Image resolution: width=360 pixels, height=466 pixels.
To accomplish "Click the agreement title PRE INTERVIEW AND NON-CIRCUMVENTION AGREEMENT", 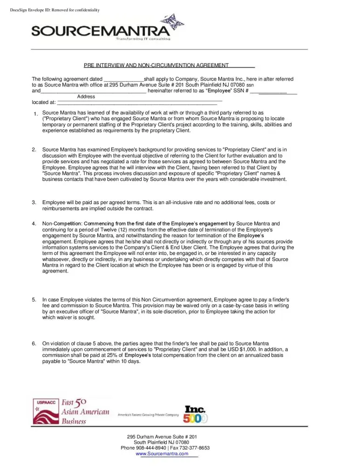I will point(156,66).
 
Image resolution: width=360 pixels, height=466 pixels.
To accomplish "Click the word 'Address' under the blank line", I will point(86,96).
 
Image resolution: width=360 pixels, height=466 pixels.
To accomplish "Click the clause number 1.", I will point(35,115).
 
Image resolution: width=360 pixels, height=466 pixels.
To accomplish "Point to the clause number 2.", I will point(34,150).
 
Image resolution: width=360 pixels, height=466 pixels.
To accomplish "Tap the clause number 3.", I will point(34,202).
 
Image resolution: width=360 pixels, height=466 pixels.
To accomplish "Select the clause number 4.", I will point(34,224).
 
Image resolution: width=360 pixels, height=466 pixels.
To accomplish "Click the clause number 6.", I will point(34,343).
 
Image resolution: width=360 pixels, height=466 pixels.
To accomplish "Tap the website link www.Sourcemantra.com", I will point(162,453).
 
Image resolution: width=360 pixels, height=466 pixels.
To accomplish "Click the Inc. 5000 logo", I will point(195,414).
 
